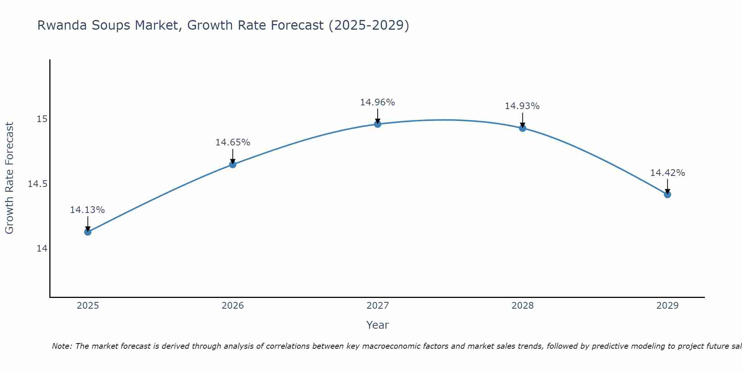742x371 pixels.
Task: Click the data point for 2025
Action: pos(88,232)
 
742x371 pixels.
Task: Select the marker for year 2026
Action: pos(233,164)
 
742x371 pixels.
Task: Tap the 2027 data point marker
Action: pos(378,124)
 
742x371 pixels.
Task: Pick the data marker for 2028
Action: pos(522,128)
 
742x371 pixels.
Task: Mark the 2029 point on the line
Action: pos(667,194)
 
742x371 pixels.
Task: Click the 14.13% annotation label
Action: pos(88,210)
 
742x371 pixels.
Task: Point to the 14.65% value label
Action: pos(233,142)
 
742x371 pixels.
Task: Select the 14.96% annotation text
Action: pos(378,102)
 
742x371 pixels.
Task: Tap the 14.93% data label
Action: pos(522,106)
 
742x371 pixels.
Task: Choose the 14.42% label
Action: pos(667,173)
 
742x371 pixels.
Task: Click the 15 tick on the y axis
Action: pos(42,119)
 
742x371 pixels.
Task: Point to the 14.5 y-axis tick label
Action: pos(38,184)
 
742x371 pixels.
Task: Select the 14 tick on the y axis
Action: pos(42,249)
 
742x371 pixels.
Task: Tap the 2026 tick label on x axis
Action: pos(233,306)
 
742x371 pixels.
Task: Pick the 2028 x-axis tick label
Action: pos(522,306)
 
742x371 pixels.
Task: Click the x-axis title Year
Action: pos(378,325)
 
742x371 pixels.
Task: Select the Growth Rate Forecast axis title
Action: pos(10,178)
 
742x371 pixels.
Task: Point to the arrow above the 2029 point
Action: pos(667,187)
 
